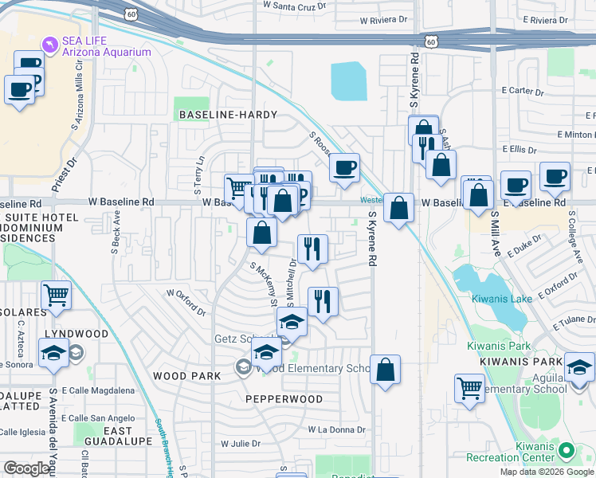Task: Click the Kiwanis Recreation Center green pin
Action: [567, 452]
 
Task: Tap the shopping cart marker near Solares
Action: [56, 296]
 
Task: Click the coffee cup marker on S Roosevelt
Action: [344, 168]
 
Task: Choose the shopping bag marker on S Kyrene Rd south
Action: [385, 370]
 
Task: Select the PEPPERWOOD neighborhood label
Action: [284, 399]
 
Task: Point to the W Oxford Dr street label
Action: [186, 293]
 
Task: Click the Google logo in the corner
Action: [26, 468]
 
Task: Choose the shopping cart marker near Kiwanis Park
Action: [469, 388]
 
